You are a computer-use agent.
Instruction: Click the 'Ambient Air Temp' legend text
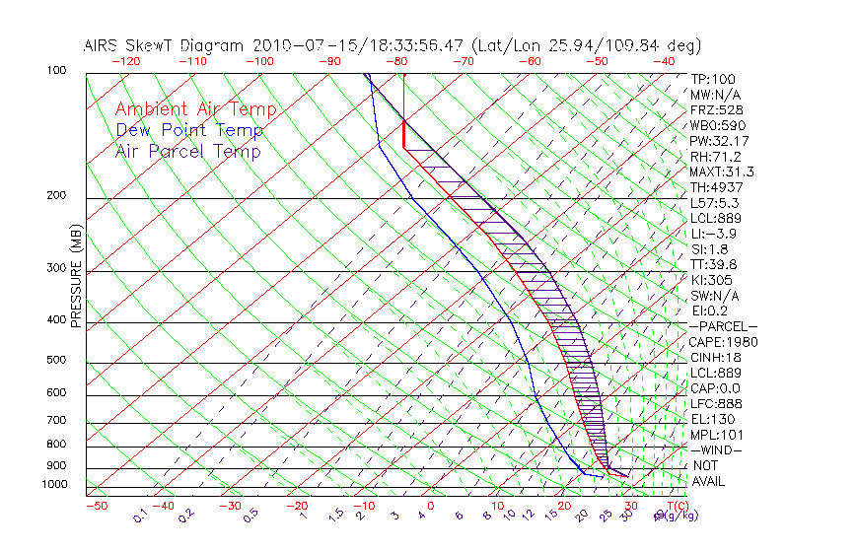195,110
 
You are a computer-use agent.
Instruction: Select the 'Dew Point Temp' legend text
189,131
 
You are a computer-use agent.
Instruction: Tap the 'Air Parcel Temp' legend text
187,152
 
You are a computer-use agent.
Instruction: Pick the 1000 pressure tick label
55,485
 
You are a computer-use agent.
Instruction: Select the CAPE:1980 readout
721,342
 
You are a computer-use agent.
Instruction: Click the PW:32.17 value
720,141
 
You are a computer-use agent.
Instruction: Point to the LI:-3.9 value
714,234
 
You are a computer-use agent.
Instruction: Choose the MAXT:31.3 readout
723,172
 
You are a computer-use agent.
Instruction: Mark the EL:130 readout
712,419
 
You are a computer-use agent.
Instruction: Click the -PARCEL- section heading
723,326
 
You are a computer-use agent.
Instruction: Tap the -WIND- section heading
715,449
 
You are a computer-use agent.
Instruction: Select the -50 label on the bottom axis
96,507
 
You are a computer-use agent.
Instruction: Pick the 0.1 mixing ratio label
139,515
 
